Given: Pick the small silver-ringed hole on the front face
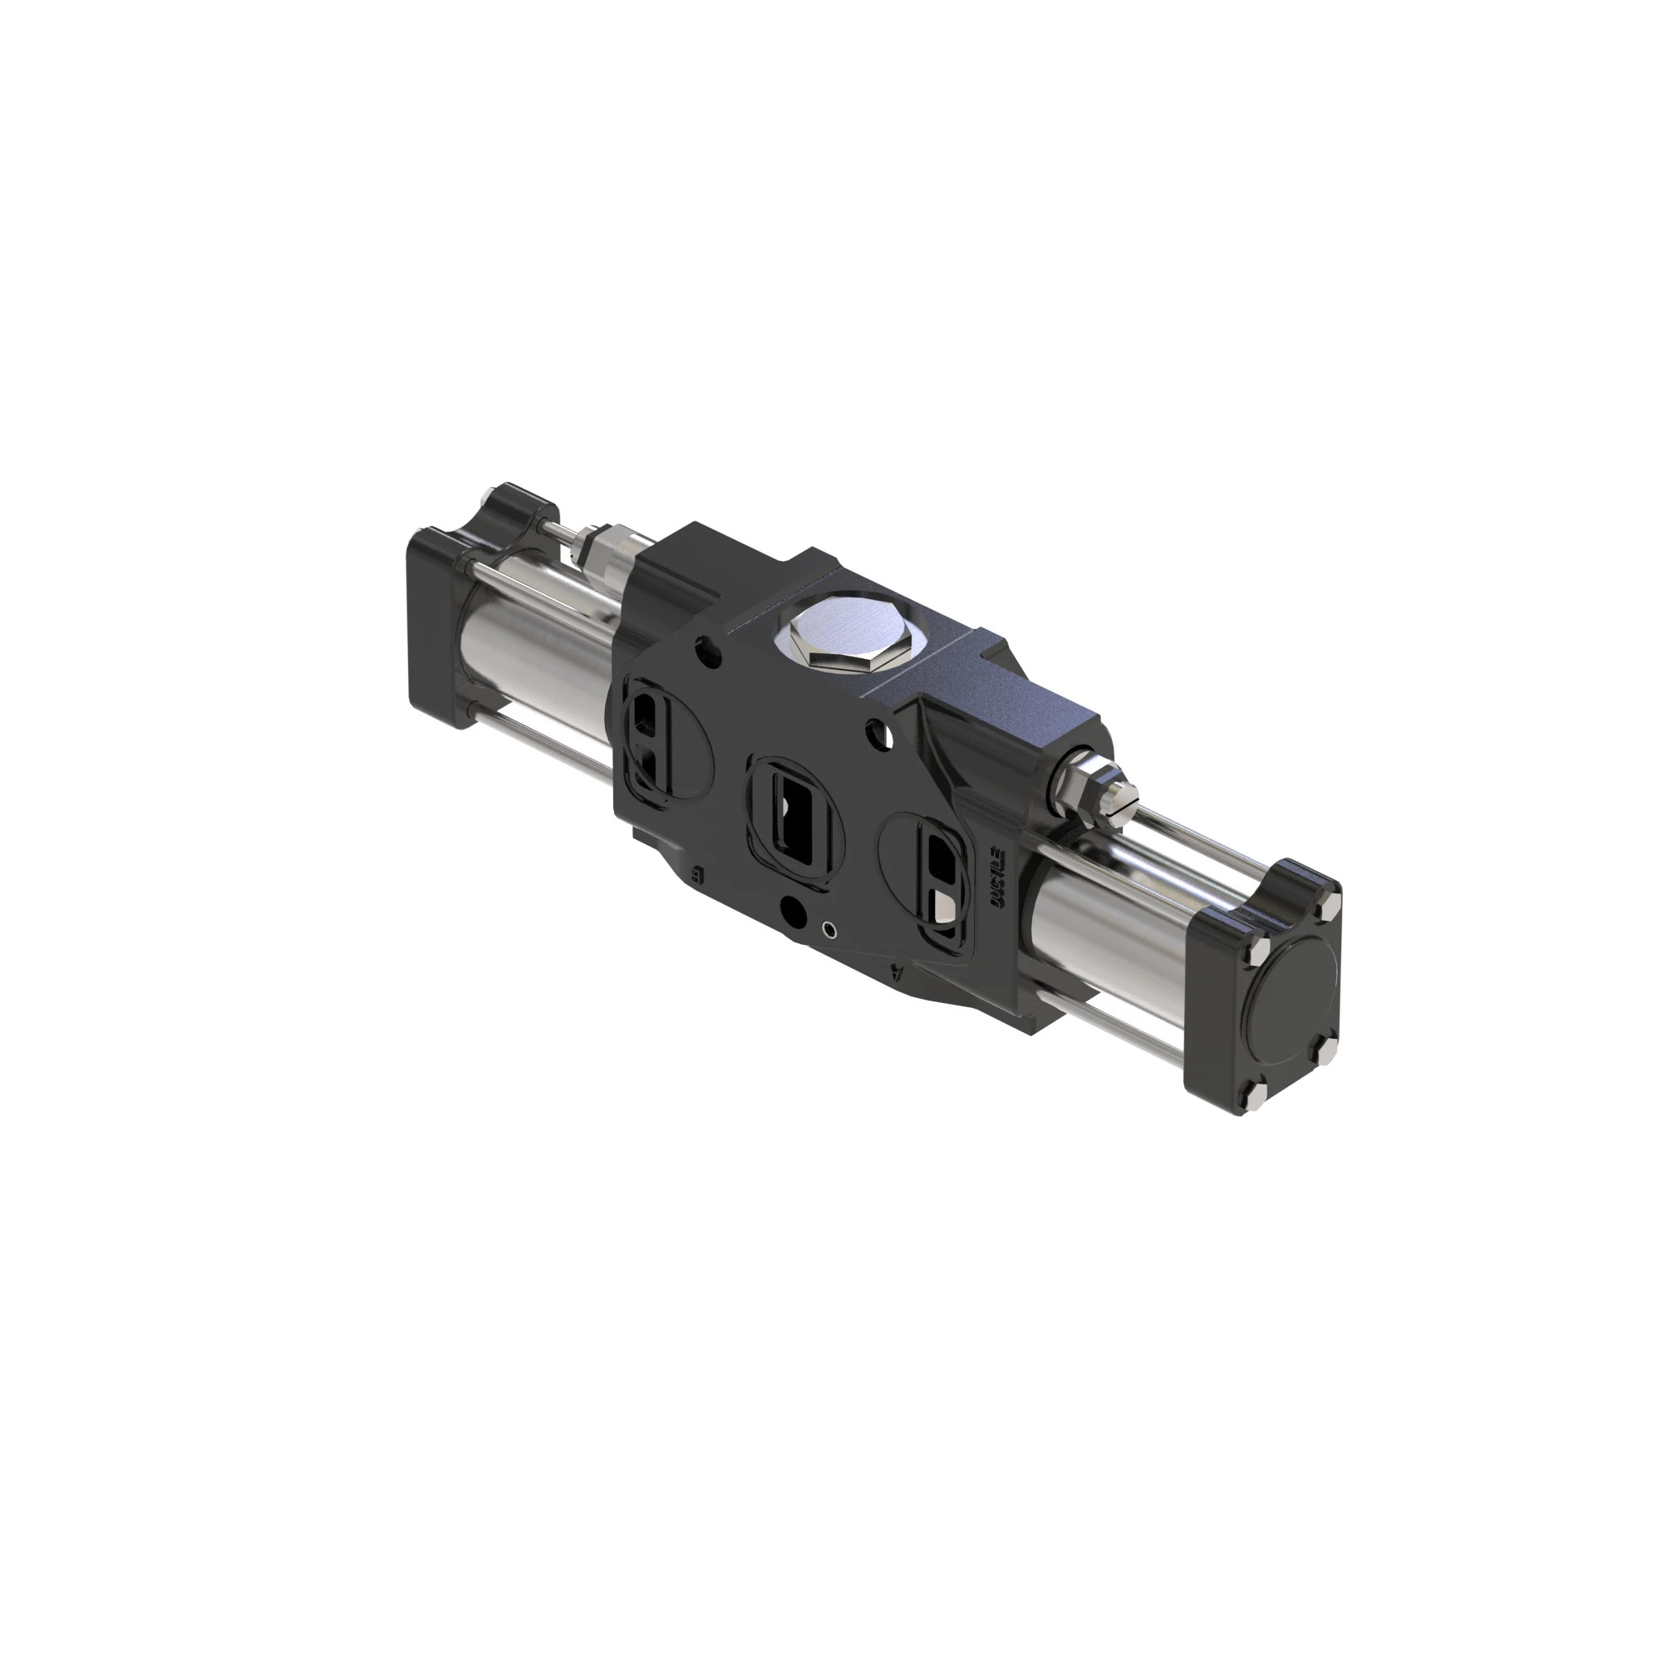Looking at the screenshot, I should coord(829,929).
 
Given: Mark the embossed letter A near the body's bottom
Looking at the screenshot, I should coord(900,972).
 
